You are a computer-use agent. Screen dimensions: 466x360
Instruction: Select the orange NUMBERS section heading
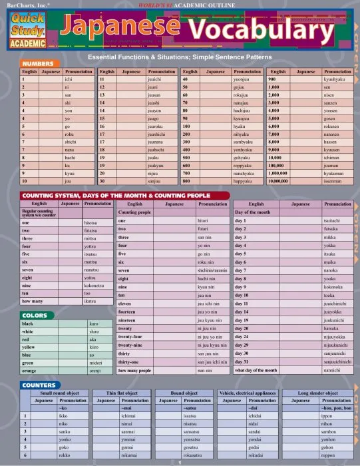click(38, 63)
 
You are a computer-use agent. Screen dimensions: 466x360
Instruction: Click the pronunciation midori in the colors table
click(94, 362)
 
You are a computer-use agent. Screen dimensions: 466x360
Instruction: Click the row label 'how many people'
click(136, 369)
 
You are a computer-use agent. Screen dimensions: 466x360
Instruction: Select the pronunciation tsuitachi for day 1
click(332, 220)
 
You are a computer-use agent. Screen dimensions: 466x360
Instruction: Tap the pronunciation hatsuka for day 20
click(332, 328)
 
